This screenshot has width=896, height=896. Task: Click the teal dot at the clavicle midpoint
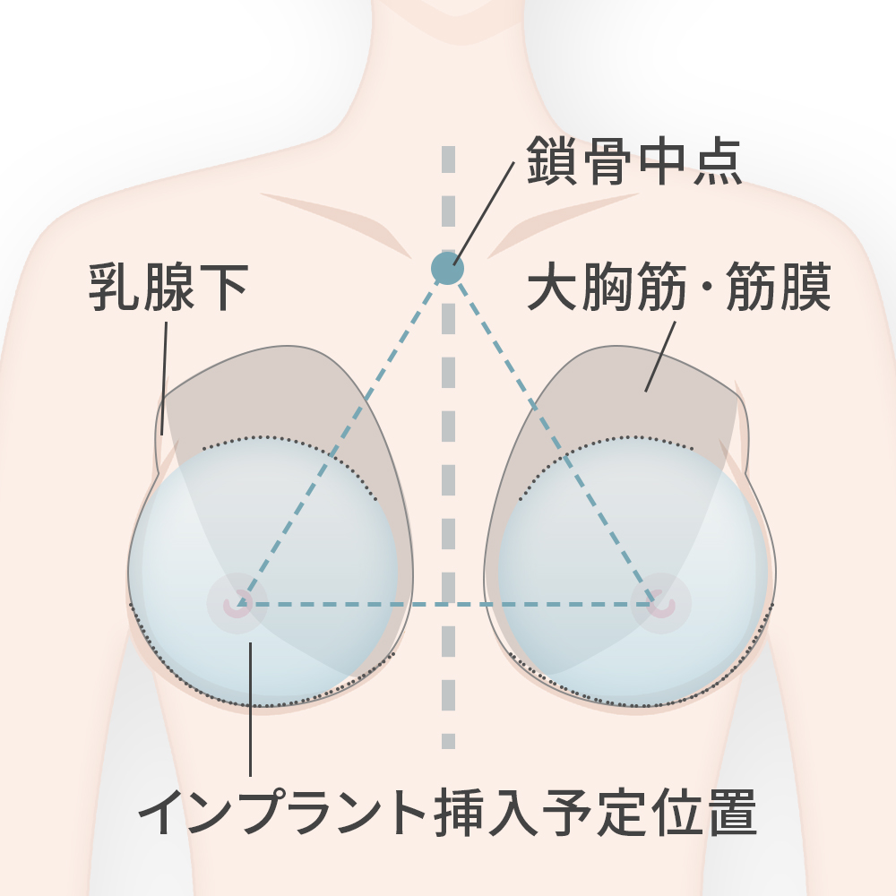447,268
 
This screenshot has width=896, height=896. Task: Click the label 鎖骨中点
634,160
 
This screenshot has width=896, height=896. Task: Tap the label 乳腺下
168,288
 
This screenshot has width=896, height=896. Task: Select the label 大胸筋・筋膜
679,287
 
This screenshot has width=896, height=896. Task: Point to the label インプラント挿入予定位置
448,812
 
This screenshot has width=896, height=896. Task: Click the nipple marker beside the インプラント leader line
237,603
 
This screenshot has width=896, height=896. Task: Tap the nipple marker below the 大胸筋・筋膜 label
661,603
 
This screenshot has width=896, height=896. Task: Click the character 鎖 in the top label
552,160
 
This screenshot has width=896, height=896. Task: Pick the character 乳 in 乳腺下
115,288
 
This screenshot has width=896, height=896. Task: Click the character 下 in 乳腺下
223,288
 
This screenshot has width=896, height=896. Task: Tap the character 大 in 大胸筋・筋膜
552,287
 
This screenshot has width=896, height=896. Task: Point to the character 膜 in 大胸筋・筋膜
806,287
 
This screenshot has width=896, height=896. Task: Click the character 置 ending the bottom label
732,812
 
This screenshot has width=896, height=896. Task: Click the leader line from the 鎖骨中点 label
484,214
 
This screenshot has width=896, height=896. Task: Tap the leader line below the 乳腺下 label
165,378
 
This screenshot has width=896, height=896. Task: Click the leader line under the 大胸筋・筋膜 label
660,357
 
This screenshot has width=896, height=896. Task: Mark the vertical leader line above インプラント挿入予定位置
250,709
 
